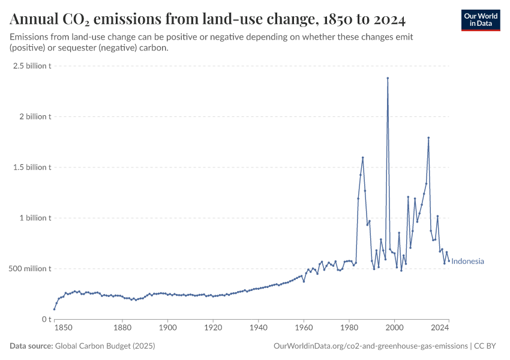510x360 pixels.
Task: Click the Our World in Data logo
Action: click(480, 20)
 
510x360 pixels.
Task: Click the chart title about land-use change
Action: click(208, 20)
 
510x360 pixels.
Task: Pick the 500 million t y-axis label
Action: click(29, 268)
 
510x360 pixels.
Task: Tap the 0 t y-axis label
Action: click(46, 319)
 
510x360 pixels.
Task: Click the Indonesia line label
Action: click(467, 262)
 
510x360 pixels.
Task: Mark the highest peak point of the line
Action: click(388, 78)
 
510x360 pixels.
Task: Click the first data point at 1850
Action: click(54, 310)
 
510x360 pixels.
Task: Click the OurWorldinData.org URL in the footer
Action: click(370, 346)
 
